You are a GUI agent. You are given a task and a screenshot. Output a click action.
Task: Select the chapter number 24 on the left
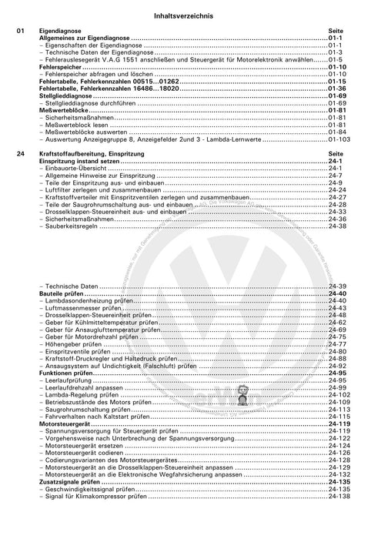(x=21, y=154)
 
